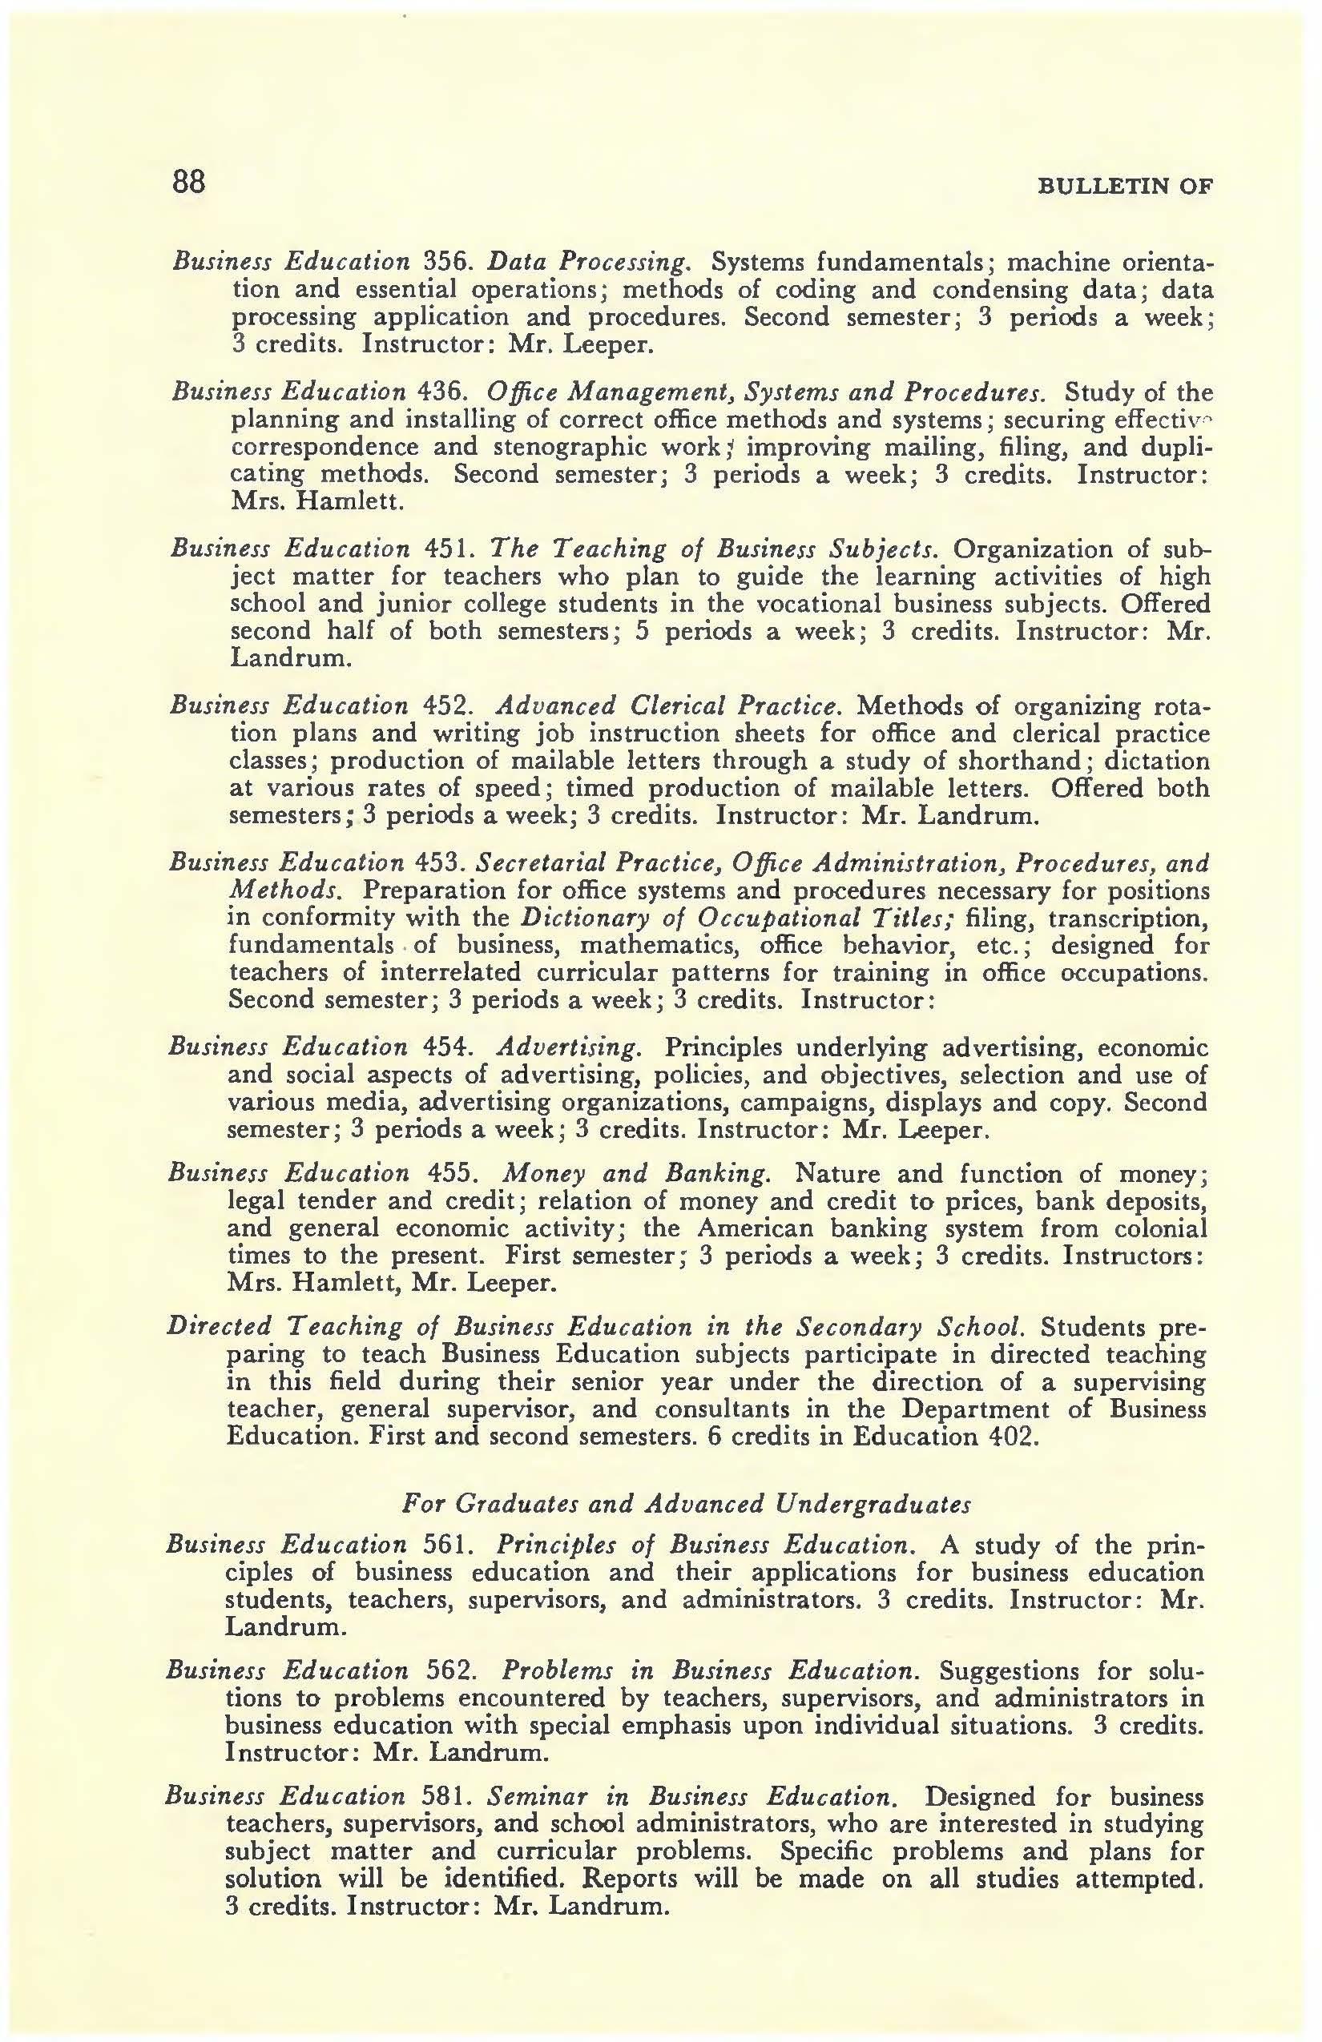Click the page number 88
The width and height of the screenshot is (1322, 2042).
pos(189,182)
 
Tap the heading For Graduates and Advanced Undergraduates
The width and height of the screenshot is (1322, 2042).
pos(686,1504)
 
